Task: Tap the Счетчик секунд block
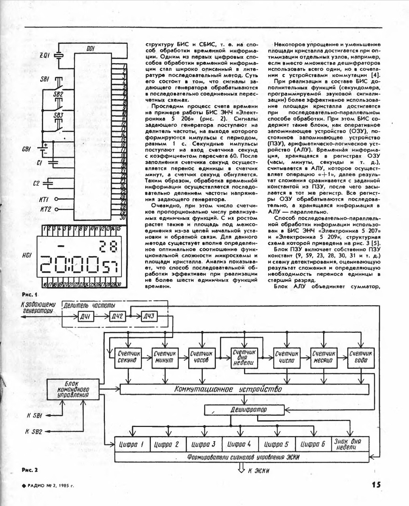[126, 357]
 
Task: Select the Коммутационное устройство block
[228, 389]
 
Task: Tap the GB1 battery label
[28, 150]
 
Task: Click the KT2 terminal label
[45, 209]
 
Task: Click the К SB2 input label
[34, 431]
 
